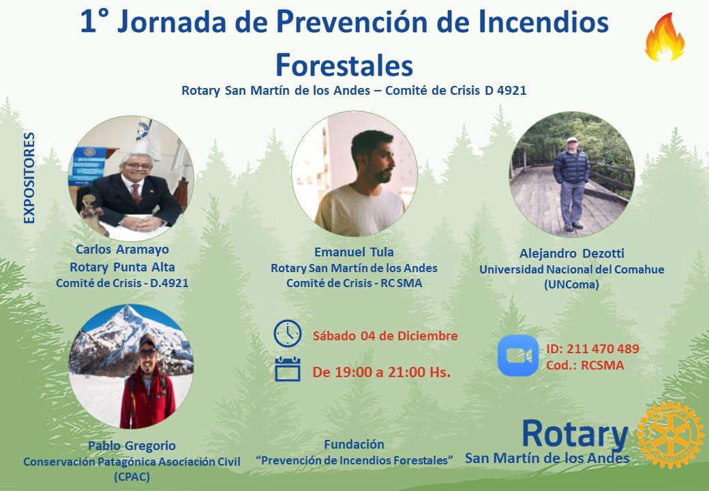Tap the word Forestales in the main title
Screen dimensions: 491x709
coord(344,65)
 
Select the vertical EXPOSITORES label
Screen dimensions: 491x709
coord(29,178)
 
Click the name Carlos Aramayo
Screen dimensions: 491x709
coord(121,249)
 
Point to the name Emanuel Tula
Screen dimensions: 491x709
coord(354,252)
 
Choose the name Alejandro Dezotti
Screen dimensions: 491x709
coord(571,253)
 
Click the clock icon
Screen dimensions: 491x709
coord(287,333)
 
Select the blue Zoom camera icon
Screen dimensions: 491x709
coord(517,355)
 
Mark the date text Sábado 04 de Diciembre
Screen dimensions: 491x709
coord(385,336)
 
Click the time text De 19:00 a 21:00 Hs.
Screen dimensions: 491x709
coord(381,372)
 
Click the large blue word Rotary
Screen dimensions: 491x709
coord(574,432)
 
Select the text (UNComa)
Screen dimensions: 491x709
coord(571,285)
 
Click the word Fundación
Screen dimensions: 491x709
coord(354,444)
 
